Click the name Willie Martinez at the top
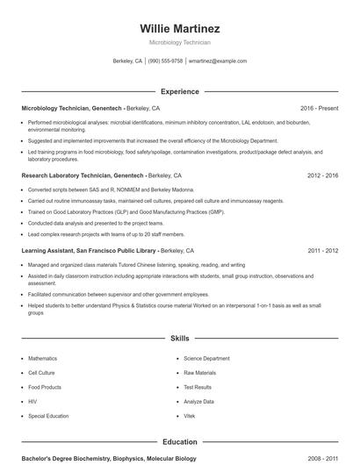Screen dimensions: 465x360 [x=179, y=28]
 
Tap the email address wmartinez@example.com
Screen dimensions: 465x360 [x=218, y=61]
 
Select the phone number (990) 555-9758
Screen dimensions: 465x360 [x=165, y=61]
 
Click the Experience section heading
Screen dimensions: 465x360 [x=179, y=91]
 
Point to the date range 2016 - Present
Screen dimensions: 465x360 [x=319, y=108]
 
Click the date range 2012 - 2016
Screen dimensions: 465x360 [x=323, y=175]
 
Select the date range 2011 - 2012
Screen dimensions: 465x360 [x=323, y=250]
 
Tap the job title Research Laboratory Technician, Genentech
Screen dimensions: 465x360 [x=83, y=175]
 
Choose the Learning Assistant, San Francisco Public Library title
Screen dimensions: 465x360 [x=89, y=250]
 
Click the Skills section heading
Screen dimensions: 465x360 [x=179, y=338]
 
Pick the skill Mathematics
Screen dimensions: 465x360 [x=42, y=359]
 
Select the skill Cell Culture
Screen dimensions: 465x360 [x=41, y=373]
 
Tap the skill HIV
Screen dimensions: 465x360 [x=32, y=401]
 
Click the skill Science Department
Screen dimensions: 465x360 [x=206, y=359]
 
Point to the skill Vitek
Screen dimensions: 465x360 [x=191, y=415]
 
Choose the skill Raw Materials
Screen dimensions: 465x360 [x=199, y=373]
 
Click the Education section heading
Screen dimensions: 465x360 [x=179, y=442]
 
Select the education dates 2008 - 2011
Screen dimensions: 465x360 [x=323, y=458]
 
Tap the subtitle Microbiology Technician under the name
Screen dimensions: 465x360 [x=179, y=42]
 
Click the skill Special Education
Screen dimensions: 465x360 [x=47, y=415]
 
